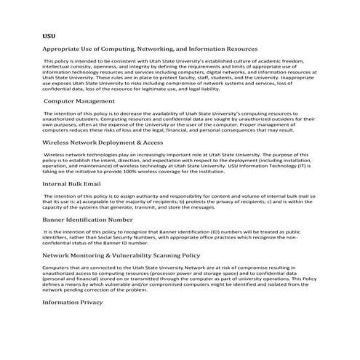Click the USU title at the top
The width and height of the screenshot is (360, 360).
pos(48,34)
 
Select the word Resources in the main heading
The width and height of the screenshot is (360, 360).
pos(233,49)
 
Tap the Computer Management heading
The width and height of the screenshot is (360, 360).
pos(79,102)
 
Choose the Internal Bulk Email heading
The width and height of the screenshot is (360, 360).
pos(71,184)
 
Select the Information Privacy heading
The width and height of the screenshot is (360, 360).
pos(73,301)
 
